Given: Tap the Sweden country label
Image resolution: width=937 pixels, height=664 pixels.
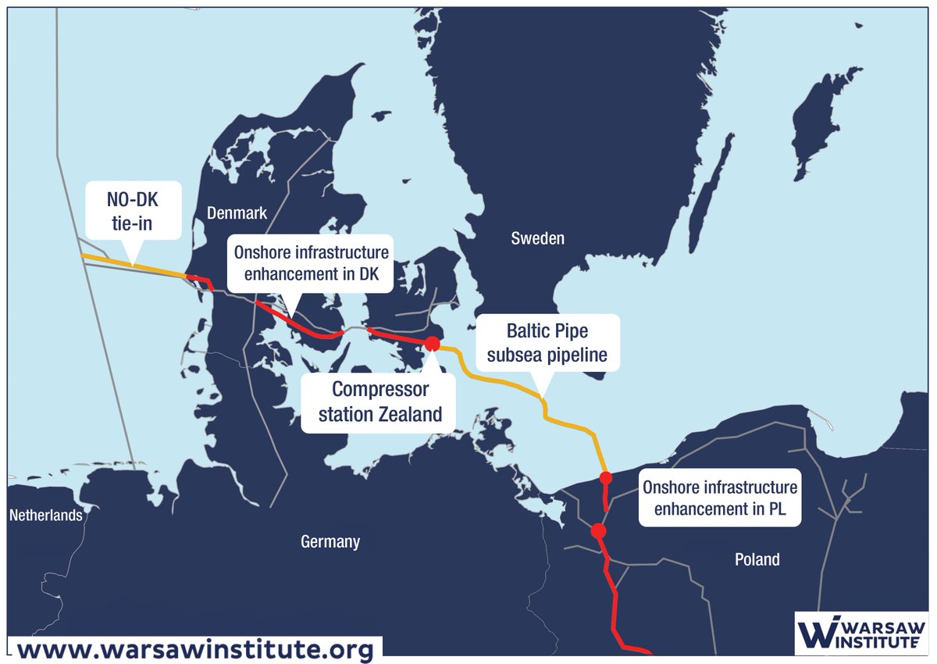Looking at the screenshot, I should (537, 238).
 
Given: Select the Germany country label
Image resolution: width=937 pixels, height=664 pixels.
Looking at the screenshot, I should (330, 541).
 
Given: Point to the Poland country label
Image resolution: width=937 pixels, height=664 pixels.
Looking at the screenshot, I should (757, 559).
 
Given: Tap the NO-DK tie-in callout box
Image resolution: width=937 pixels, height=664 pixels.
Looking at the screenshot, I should (132, 211).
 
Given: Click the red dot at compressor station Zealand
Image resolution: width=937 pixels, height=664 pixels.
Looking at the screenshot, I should (432, 343).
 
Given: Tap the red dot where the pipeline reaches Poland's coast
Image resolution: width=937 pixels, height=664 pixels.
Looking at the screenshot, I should (605, 477).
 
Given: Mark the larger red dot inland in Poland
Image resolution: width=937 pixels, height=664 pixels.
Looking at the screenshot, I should (598, 531).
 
